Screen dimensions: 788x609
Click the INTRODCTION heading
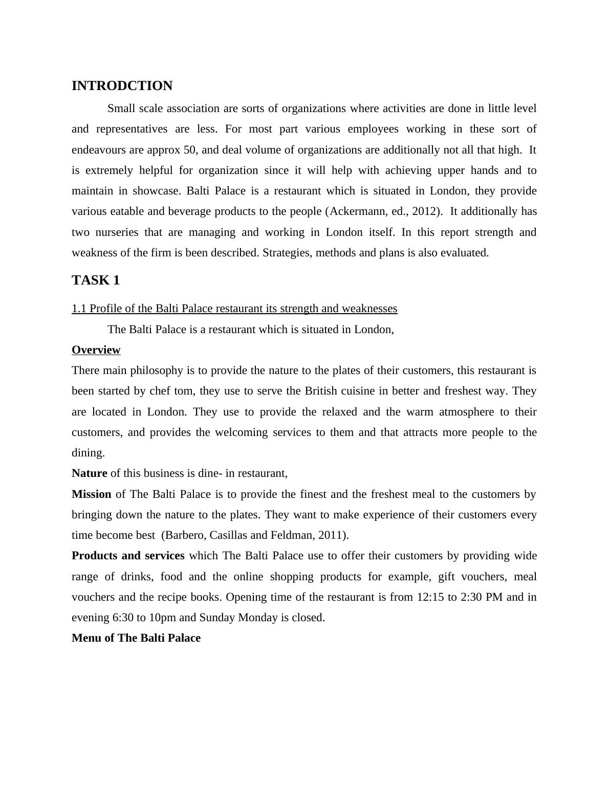122,86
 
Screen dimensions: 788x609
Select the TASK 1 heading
96,280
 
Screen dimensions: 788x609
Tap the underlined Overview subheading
96,350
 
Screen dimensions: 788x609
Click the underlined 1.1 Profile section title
234,309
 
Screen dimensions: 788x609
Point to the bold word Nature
89,473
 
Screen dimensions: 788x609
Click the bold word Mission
91,494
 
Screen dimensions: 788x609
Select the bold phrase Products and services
128,556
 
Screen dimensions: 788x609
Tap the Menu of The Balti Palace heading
136,638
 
